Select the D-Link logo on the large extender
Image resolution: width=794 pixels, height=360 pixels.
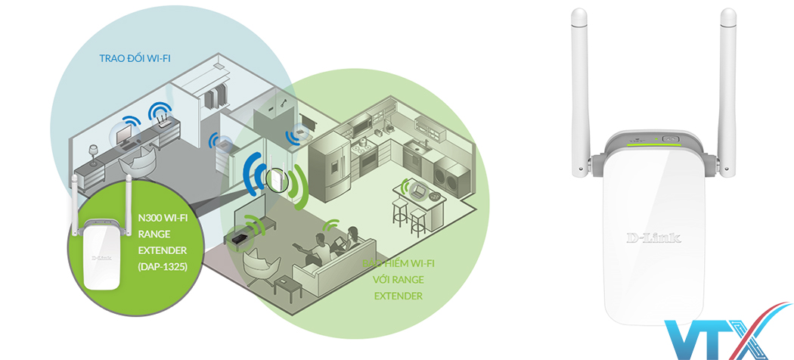coord(653,237)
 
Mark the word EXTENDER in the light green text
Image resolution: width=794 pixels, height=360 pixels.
coord(398,296)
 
